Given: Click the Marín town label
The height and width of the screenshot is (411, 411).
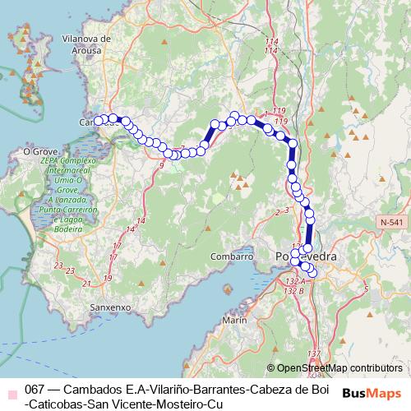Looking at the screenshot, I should pos(235,319).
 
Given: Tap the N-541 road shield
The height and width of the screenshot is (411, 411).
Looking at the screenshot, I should pos(393,223).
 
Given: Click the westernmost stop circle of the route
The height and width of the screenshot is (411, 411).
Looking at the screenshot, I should pos(99,120).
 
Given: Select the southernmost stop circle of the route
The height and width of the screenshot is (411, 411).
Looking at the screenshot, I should pos(312,272).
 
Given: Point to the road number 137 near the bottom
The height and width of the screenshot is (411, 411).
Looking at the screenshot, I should pos(313,354).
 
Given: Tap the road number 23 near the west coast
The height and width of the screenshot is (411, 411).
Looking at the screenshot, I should pos(58,266).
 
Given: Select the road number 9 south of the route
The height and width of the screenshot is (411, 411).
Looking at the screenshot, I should pos(161,166).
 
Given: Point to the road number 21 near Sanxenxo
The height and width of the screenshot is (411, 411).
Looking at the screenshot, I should pos(86,284).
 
